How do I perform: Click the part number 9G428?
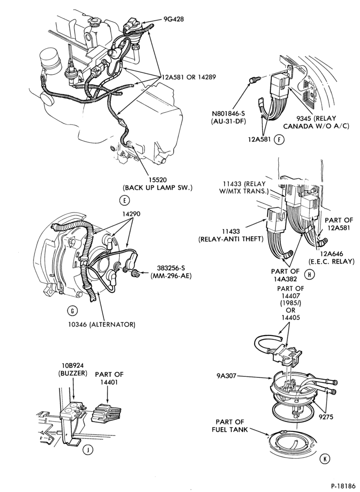point(174,19)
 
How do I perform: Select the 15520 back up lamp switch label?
point(157,184)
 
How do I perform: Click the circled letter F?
point(279,140)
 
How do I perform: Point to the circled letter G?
point(72,310)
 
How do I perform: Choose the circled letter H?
point(309,275)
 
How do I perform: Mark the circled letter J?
point(89,450)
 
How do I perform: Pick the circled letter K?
point(325,459)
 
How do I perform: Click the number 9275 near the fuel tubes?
point(325,417)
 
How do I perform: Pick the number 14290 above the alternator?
point(131,214)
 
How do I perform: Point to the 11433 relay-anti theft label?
point(230,235)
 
